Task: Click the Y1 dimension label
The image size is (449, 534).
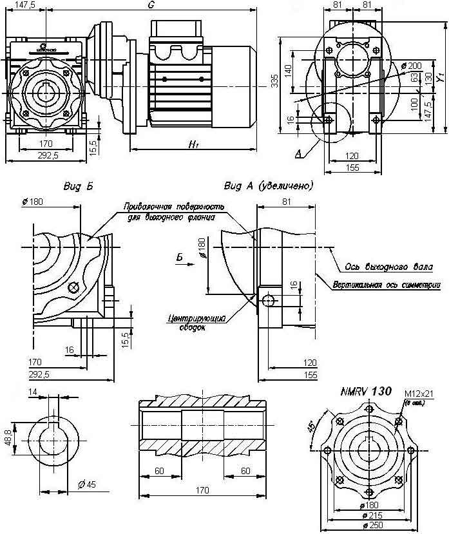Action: click(441, 77)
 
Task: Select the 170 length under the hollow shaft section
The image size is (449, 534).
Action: click(202, 490)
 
